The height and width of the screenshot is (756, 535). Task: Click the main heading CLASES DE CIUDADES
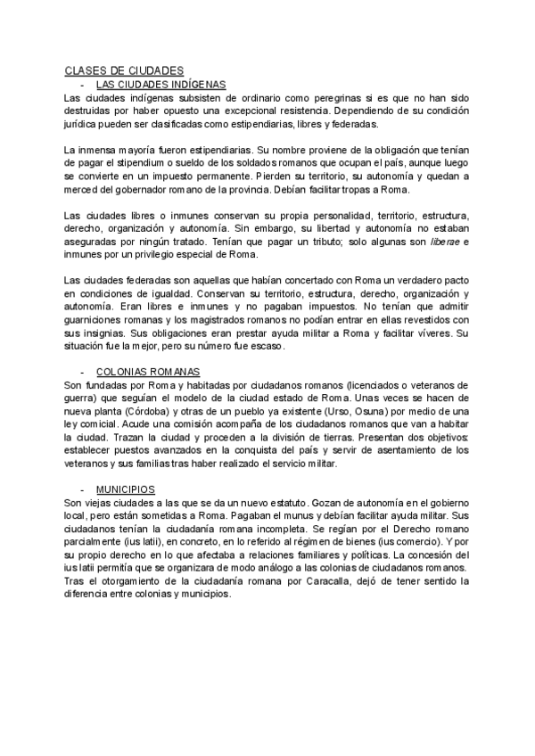[124, 71]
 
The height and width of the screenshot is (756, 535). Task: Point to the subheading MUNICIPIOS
[125, 490]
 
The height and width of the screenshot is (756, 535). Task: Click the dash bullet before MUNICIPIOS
[82, 490]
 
